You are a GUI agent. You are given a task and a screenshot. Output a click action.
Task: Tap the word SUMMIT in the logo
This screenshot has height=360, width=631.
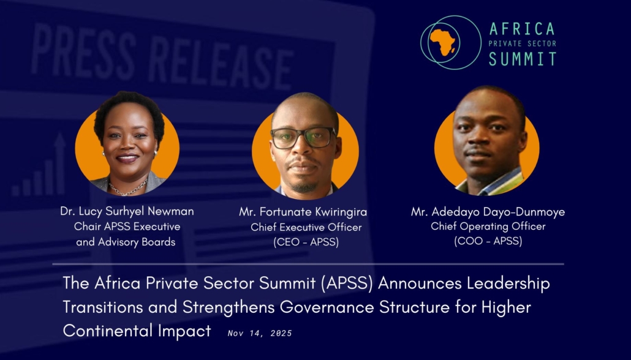(523, 59)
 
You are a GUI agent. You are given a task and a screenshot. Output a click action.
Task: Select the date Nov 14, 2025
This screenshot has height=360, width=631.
(260, 333)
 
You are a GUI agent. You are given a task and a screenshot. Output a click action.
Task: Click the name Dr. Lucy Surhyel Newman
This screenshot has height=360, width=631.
(127, 211)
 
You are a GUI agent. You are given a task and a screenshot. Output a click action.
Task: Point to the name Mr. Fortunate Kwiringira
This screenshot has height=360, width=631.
(303, 212)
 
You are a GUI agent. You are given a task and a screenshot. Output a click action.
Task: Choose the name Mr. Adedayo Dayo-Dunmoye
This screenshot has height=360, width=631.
(488, 212)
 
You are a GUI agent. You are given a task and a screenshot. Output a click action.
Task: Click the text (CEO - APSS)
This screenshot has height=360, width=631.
(306, 242)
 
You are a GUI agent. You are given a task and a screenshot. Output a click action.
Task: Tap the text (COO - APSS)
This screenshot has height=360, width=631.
(488, 241)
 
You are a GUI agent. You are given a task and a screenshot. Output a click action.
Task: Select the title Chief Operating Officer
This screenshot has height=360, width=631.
(488, 227)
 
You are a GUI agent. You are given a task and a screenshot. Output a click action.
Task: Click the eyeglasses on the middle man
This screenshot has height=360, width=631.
(303, 137)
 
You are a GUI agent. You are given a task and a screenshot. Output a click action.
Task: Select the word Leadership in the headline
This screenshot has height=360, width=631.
(508, 283)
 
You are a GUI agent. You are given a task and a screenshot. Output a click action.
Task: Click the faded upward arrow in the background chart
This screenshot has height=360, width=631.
(59, 163)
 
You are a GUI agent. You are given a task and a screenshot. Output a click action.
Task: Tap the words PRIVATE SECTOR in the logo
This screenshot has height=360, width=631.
(523, 43)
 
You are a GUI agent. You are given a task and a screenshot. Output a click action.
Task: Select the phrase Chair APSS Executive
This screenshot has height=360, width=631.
(127, 227)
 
